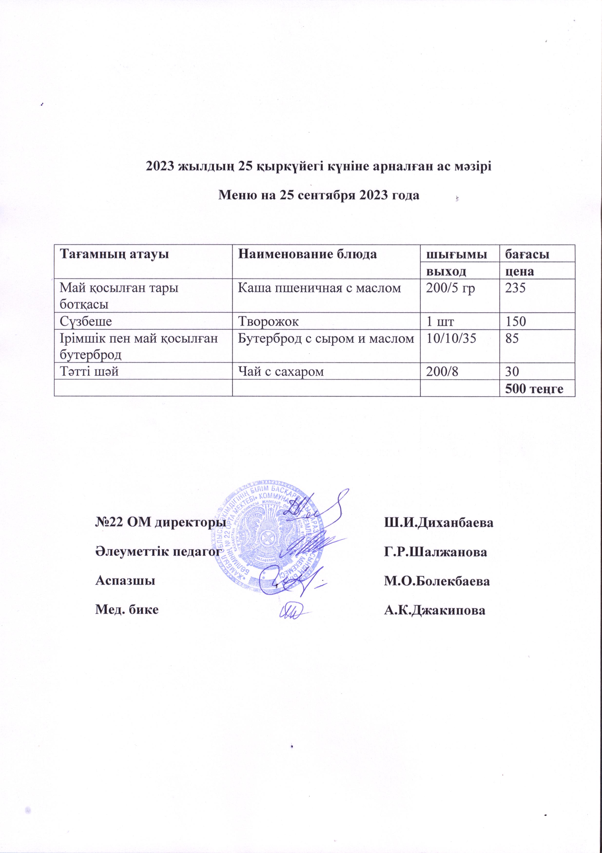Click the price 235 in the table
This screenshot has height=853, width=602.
tap(514, 288)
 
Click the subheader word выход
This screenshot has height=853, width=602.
tap(447, 271)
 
